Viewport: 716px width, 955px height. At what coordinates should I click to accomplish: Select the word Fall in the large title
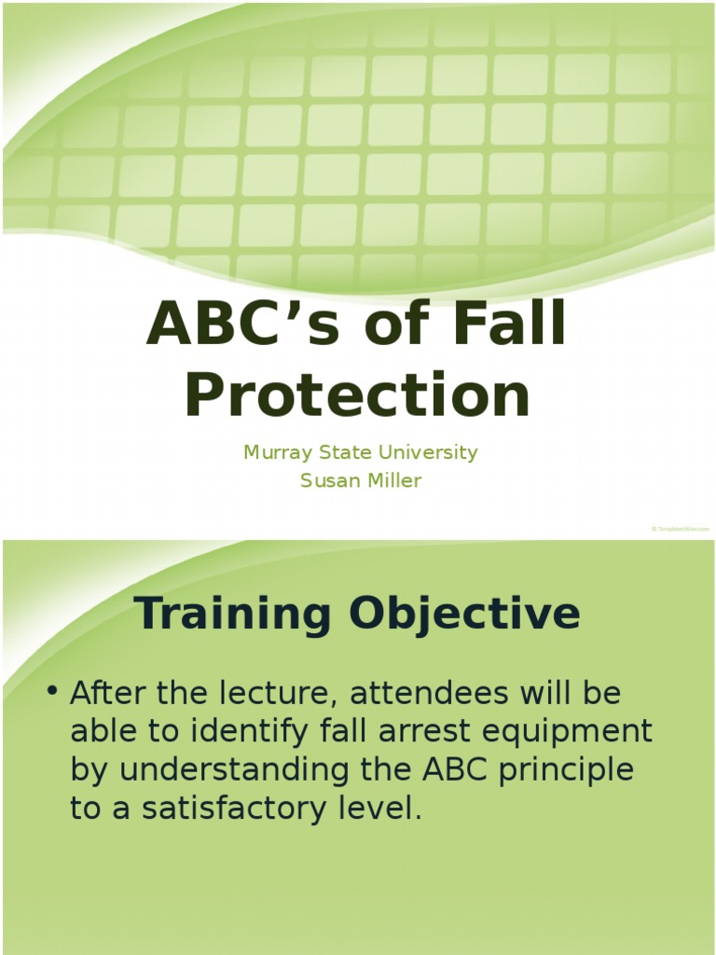coord(508,324)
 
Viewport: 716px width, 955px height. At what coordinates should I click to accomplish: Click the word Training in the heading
coord(232,614)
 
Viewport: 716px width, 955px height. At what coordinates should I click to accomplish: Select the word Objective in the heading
coord(465,614)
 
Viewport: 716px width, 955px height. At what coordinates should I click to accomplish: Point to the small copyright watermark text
coord(680,529)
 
